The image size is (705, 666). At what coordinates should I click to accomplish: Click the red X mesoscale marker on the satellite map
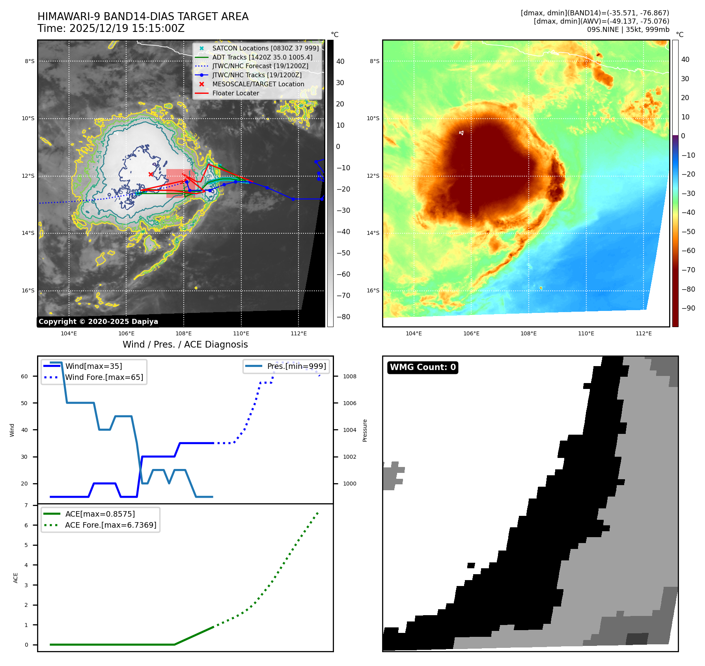point(151,174)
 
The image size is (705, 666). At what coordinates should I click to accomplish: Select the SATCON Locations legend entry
point(265,48)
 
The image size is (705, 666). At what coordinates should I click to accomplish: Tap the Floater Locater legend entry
point(235,93)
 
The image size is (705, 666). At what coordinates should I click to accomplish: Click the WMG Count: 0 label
point(423,367)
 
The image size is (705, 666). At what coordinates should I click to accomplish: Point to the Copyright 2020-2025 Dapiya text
point(98,322)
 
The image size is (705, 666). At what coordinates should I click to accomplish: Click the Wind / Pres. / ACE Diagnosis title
point(185,344)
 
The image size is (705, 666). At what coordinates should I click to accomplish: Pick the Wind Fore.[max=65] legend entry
point(104,377)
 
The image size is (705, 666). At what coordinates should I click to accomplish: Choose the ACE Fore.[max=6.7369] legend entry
point(110,525)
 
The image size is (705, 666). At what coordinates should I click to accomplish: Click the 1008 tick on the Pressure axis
point(349,376)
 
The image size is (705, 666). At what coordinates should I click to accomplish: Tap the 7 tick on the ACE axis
point(26,505)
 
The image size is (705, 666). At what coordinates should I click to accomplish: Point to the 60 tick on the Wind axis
point(24,376)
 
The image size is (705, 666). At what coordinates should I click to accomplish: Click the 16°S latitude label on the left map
point(28,290)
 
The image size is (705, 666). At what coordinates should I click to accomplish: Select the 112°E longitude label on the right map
point(643,333)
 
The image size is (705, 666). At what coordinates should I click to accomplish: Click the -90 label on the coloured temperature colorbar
point(688,308)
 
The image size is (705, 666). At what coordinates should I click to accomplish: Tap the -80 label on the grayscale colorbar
point(343,317)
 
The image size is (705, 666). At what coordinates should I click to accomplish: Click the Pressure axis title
point(365,430)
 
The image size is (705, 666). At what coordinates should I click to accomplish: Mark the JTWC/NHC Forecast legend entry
point(260,66)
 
